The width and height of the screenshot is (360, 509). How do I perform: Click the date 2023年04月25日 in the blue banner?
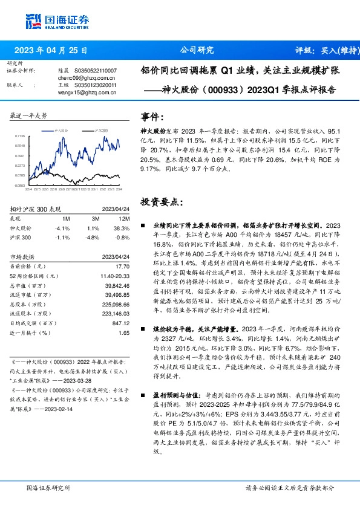[x=51, y=51]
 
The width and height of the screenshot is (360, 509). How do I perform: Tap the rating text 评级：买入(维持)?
[x=327, y=51]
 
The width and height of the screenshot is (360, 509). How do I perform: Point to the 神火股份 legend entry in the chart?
[x=64, y=131]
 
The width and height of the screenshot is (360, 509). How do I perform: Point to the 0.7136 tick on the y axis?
[x=19, y=137]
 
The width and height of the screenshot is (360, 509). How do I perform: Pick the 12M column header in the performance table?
[x=125, y=218]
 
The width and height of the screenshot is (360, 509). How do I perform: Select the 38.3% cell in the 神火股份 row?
[x=123, y=229]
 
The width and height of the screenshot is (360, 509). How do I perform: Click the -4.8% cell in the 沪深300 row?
[x=93, y=238]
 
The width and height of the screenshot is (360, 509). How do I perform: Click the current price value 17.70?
[x=123, y=266]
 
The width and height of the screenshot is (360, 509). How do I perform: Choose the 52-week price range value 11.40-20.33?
[x=117, y=276]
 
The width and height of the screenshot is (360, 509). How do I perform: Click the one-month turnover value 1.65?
[x=125, y=333]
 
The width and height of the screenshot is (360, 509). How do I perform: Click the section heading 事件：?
[x=152, y=116]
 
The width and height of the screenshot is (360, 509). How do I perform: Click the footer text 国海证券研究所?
[x=45, y=488]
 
